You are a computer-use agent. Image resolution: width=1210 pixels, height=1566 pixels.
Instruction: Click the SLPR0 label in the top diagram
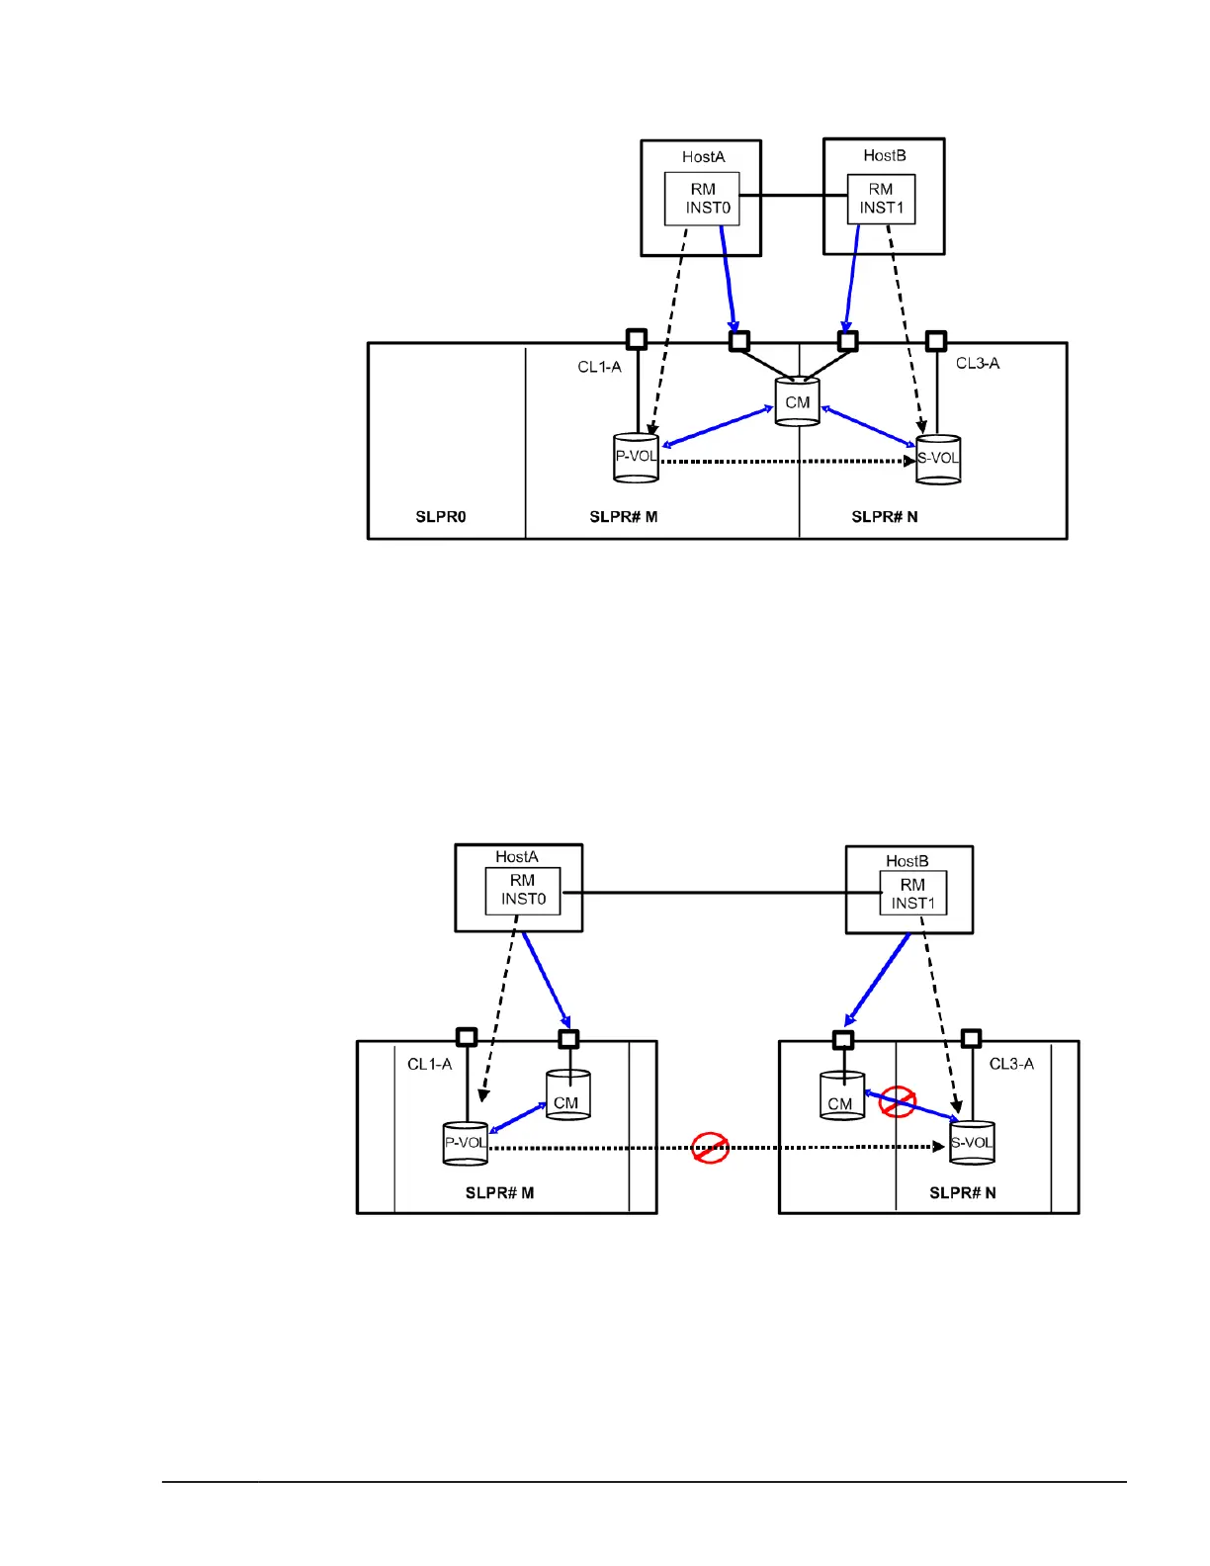point(440,516)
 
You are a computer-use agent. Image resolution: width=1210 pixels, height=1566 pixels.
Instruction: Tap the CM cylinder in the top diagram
point(797,401)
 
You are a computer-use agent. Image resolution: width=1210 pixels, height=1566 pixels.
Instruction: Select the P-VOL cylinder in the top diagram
point(636,457)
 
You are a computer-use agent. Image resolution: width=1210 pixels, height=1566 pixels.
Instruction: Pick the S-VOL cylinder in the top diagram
point(938,459)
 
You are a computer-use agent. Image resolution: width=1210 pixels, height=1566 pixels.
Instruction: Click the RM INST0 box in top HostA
point(702,199)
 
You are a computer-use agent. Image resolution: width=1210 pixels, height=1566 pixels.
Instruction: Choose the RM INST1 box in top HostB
point(881,199)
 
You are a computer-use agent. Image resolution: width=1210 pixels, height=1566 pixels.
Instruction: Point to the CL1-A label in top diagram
point(599,367)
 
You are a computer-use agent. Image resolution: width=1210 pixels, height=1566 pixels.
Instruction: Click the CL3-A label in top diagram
point(977,363)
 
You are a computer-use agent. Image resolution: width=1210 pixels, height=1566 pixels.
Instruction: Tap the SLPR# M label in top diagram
point(623,516)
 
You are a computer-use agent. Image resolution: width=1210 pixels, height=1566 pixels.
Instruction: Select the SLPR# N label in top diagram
point(884,516)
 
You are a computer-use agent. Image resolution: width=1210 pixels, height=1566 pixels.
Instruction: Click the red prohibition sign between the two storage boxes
point(710,1148)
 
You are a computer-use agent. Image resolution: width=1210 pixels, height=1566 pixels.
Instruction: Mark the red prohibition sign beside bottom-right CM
point(898,1101)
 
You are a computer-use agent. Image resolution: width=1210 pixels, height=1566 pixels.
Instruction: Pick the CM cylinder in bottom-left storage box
point(567,1095)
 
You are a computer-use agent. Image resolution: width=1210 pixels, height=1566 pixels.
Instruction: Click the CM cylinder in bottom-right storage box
point(841,1096)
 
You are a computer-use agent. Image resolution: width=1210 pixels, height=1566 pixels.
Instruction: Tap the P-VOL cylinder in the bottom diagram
point(465,1144)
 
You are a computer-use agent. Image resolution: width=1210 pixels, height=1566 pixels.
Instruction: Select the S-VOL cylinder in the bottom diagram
point(972,1143)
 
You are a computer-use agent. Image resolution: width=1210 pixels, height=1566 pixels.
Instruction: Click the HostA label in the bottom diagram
point(516,856)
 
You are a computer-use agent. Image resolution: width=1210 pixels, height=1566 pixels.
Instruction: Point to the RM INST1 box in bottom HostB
point(912,894)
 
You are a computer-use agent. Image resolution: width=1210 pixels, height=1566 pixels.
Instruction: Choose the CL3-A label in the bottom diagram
point(1011,1064)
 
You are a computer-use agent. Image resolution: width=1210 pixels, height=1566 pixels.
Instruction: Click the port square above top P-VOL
point(637,339)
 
